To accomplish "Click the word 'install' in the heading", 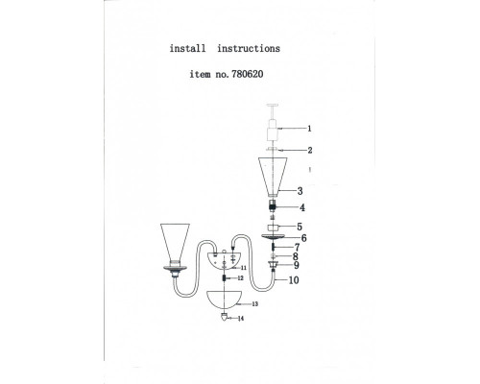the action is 187,48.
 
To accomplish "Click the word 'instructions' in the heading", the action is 249,48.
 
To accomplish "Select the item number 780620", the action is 247,74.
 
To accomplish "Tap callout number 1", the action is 309,129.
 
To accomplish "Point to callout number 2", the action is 310,150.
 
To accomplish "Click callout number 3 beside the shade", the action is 300,191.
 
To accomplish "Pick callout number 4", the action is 302,207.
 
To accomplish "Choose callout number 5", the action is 300,227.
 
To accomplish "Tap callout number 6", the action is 303,238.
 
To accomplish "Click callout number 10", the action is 294,280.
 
